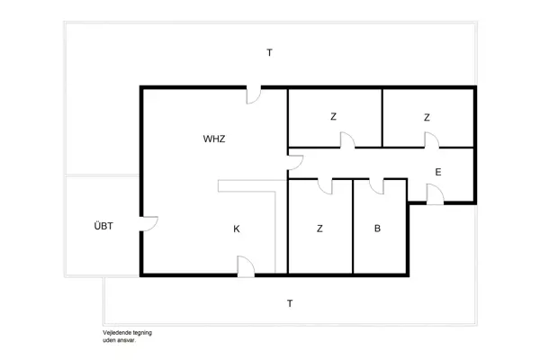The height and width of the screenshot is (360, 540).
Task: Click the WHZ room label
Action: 214,139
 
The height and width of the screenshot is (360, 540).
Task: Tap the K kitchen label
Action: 237,229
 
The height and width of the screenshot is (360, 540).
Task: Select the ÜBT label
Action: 103,225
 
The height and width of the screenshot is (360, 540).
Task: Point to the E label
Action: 438,172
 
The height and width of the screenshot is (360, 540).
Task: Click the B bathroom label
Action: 378,229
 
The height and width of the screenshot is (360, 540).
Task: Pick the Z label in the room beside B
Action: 319,229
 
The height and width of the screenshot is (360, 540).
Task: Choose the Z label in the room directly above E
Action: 427,117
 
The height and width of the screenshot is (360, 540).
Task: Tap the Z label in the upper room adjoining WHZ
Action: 333,117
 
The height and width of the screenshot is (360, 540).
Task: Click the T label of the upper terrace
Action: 268,53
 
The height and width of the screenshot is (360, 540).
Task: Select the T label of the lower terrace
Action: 289,303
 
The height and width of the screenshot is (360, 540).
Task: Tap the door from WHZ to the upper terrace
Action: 255,94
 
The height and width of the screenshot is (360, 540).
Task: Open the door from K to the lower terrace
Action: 245,265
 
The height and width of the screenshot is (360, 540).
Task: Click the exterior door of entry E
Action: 435,194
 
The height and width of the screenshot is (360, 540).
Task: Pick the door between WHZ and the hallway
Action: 295,163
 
